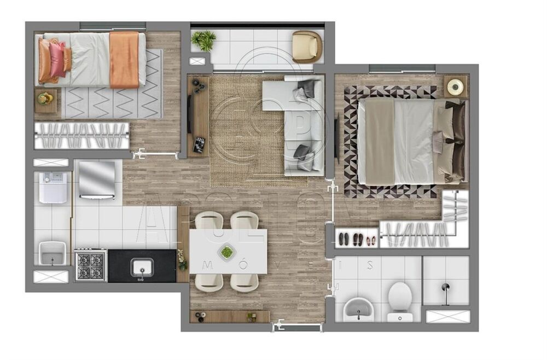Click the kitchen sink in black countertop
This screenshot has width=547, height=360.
[142, 268]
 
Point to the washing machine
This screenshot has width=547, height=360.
[53, 187]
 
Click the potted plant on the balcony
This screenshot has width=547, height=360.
[205, 39]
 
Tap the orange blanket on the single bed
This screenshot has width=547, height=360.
[124, 59]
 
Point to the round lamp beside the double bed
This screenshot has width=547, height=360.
[455, 86]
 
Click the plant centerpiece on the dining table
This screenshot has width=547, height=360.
[226, 252]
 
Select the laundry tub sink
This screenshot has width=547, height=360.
[52, 253]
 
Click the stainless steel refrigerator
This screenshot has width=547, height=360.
[97, 179]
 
